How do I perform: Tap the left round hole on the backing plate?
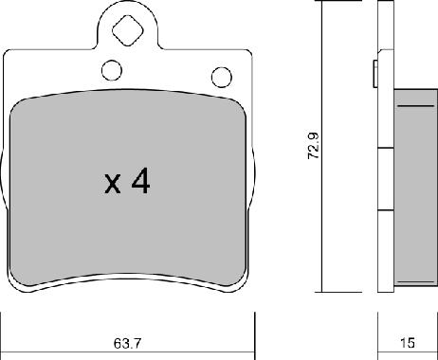pos(111,70)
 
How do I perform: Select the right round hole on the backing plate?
pos(222,77)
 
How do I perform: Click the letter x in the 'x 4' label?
pos(112,183)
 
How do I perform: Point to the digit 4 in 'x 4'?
pos(139,182)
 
